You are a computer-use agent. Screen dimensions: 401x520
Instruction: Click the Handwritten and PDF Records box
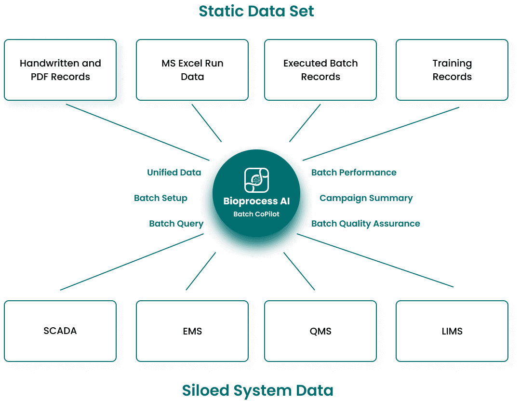(x=60, y=70)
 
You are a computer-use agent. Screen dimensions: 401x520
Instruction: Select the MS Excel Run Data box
(x=192, y=70)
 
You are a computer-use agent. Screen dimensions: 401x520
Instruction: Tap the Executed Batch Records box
(x=320, y=70)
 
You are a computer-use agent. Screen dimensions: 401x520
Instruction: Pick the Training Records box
(x=452, y=70)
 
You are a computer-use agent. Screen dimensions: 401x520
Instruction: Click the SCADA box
(x=60, y=331)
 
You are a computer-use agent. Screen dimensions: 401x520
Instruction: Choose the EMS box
(x=192, y=331)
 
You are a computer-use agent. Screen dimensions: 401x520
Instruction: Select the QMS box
(x=320, y=331)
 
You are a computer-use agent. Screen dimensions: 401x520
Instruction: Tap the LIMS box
(x=452, y=331)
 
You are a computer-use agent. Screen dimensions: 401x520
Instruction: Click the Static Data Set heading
(x=256, y=11)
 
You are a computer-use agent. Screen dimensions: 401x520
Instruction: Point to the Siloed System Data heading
(x=257, y=390)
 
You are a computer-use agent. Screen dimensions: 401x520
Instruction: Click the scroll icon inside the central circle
(x=256, y=180)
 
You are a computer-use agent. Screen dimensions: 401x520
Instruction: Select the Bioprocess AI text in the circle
(x=256, y=201)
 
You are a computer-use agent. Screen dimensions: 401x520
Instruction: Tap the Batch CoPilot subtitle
(x=256, y=214)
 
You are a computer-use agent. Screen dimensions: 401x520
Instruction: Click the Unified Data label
(x=174, y=172)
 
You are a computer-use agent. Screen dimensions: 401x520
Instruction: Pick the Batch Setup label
(x=160, y=198)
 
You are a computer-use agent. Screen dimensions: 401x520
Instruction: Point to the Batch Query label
(x=176, y=224)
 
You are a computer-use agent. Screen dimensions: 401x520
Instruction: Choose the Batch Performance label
(x=354, y=172)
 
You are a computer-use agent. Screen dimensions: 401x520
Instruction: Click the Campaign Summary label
(x=366, y=198)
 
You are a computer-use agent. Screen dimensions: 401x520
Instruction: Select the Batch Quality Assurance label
(x=365, y=224)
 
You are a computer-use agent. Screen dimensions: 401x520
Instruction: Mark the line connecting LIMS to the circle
(x=376, y=261)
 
